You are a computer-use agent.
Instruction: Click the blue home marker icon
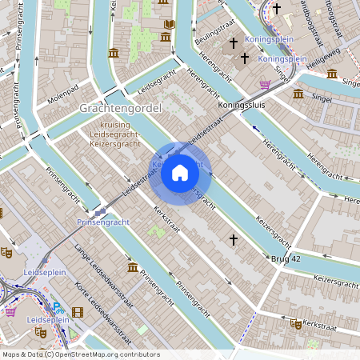pyautogui.click(x=180, y=173)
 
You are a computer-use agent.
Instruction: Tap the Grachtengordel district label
pyautogui.click(x=121, y=107)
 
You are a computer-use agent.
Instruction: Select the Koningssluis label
pyautogui.click(x=241, y=104)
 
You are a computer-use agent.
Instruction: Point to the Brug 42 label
pyautogui.click(x=285, y=258)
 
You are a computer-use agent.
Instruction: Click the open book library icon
pyautogui.click(x=169, y=25)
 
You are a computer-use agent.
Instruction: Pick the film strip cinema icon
pyautogui.click(x=78, y=312)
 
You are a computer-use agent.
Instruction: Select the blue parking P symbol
pyautogui.click(x=57, y=306)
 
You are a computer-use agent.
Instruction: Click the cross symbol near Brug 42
pyautogui.click(x=234, y=239)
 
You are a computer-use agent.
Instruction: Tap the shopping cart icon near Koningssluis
pyautogui.click(x=265, y=84)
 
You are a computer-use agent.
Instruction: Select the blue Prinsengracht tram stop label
pyautogui.click(x=103, y=221)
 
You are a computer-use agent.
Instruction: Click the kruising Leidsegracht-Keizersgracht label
pyautogui.click(x=121, y=134)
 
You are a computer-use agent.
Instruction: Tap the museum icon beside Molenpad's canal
pyautogui.click(x=113, y=53)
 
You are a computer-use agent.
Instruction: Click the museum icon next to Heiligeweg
pyautogui.click(x=331, y=73)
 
